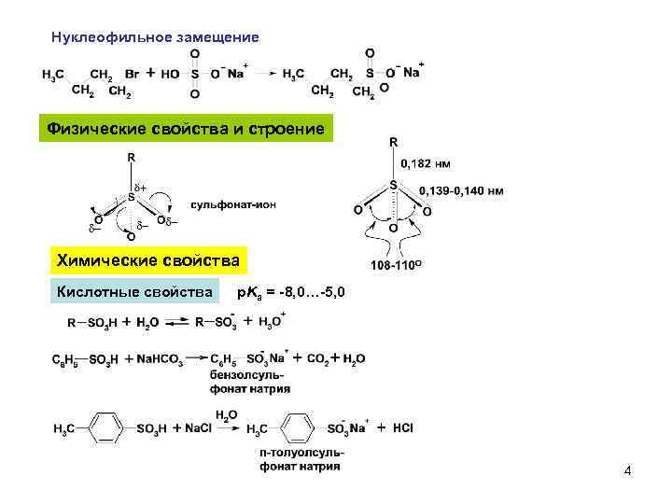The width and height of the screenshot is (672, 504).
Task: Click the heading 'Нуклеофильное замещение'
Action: point(153,37)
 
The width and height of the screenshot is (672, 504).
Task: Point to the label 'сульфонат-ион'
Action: point(233,203)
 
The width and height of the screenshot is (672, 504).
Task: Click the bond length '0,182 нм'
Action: point(427,163)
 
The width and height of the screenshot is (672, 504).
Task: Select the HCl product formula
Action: point(402,428)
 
